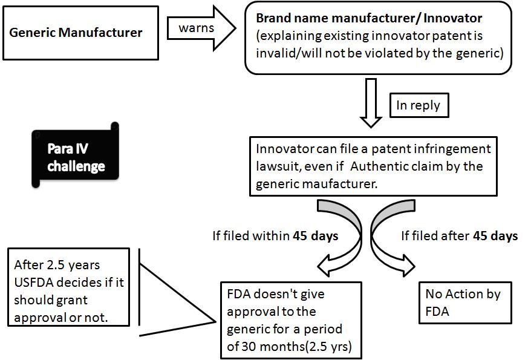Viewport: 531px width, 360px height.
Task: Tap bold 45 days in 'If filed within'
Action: pyautogui.click(x=316, y=236)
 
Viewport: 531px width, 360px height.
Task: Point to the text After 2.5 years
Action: pyautogui.click(x=56, y=265)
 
